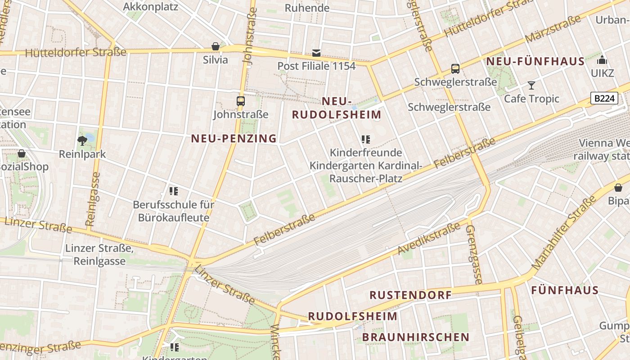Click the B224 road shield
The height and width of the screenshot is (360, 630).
(604, 98)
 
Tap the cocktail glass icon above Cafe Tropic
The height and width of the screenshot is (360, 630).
(531, 85)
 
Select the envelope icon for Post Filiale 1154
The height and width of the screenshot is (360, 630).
(316, 53)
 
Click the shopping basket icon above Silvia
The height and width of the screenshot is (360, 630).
(216, 46)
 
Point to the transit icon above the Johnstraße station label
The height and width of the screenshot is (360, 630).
(241, 101)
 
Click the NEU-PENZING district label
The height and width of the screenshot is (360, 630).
(234, 139)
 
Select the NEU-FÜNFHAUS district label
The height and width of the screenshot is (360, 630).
(535, 61)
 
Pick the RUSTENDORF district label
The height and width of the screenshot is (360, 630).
(410, 295)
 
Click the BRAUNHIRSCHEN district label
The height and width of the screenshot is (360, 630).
(415, 337)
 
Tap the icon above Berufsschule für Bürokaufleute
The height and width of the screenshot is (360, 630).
(174, 191)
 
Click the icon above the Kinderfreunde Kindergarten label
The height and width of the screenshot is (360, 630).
(366, 139)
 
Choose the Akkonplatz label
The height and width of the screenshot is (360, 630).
(150, 7)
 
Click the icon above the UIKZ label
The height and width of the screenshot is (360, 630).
(602, 60)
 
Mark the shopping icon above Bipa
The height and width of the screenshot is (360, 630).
(618, 188)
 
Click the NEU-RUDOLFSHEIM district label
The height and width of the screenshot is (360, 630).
(337, 108)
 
